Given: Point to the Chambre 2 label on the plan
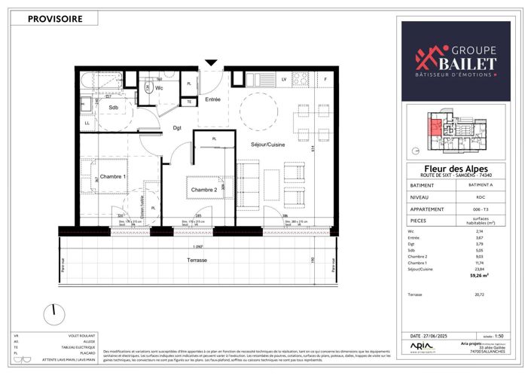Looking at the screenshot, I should [203, 189].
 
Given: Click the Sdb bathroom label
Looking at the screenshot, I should [113, 108].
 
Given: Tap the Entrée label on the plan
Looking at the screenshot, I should [212, 99].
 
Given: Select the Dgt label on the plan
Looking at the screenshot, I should [177, 128].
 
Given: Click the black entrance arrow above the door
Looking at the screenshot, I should [211, 62].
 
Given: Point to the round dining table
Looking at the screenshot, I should [256, 112].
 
